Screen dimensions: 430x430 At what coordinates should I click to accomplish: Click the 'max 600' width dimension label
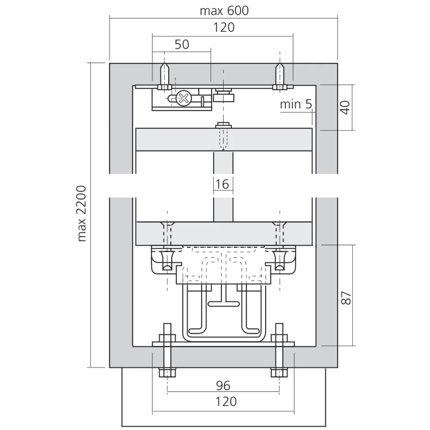[x=224, y=10]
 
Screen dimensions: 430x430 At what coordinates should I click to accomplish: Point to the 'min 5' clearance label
[x=296, y=104]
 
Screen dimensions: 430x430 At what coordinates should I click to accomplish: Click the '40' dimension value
[x=345, y=106]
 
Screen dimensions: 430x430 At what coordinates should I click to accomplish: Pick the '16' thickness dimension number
[x=222, y=184]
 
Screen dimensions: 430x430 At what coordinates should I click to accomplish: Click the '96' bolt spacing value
[x=223, y=385]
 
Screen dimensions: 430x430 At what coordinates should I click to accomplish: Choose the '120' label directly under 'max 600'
[x=224, y=27]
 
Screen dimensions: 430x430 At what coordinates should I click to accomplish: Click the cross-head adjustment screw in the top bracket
[x=184, y=98]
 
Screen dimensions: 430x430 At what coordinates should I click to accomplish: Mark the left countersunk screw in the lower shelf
[x=165, y=232]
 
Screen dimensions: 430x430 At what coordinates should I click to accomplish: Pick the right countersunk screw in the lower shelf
[x=280, y=232]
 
